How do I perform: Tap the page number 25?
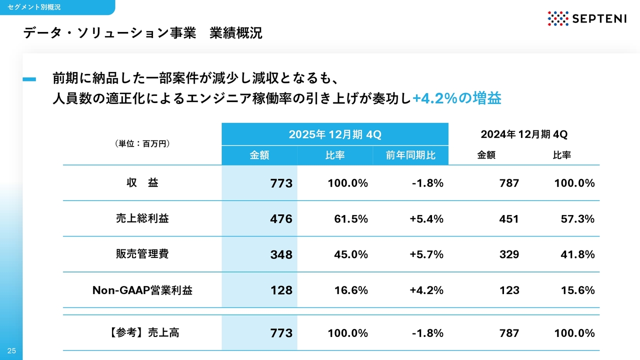click(x=11, y=351)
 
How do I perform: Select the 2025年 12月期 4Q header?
click(x=335, y=134)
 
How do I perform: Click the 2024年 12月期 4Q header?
click(x=524, y=134)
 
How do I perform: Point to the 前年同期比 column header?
click(x=410, y=155)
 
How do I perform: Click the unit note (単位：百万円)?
click(x=142, y=144)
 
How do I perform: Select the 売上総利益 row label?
click(x=142, y=218)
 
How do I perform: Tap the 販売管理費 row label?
click(x=142, y=254)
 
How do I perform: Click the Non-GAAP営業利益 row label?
click(x=142, y=290)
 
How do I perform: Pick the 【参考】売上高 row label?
click(x=142, y=333)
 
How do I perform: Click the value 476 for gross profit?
click(x=281, y=219)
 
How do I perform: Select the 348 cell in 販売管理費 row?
click(x=281, y=254)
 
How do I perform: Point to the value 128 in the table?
click(x=281, y=290)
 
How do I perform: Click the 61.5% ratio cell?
click(x=351, y=219)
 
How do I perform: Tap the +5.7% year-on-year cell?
click(x=426, y=254)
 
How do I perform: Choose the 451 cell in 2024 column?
click(x=509, y=219)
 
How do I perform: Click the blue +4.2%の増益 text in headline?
click(x=456, y=98)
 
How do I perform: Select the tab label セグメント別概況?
click(x=34, y=7)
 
